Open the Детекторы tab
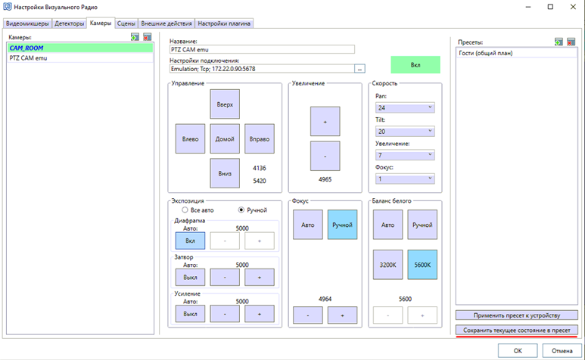click(x=69, y=23)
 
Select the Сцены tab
click(x=126, y=23)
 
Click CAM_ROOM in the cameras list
click(x=26, y=48)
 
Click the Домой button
click(x=225, y=139)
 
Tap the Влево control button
click(x=190, y=139)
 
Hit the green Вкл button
click(x=415, y=65)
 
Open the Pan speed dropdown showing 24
click(x=405, y=107)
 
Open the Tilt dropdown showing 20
click(x=405, y=132)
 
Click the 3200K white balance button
click(x=387, y=265)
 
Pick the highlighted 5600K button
click(x=422, y=265)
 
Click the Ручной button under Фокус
click(x=342, y=225)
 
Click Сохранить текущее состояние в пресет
click(x=517, y=331)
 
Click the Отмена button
click(x=562, y=351)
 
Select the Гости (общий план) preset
click(x=486, y=53)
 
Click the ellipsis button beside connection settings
click(x=359, y=69)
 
